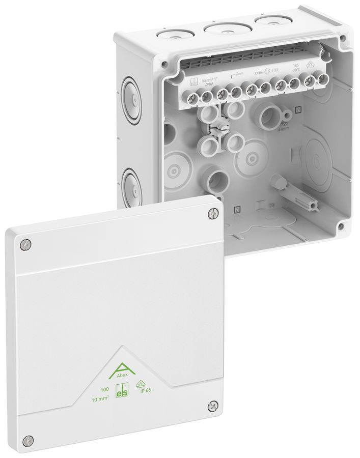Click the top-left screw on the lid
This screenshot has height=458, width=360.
[24, 245]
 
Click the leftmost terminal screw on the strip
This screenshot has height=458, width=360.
[193, 96]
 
